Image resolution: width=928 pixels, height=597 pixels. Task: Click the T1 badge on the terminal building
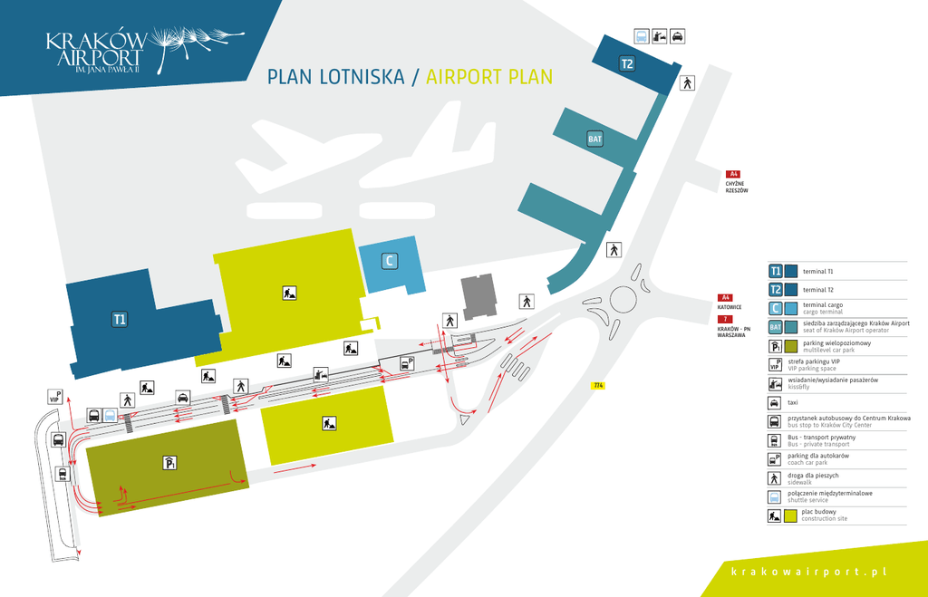click(120, 318)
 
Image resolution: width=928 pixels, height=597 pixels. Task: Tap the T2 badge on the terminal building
click(627, 63)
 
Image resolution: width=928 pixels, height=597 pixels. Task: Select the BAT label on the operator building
click(595, 139)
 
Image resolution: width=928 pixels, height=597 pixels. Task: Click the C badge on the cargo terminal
click(390, 261)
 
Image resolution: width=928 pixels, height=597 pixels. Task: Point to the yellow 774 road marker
click(598, 386)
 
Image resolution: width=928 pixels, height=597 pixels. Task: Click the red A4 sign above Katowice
click(725, 298)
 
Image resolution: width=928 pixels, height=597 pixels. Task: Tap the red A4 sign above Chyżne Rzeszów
click(734, 174)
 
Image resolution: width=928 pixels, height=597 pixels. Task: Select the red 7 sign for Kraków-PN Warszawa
click(725, 320)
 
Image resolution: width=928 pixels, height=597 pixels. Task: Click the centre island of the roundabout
click(625, 298)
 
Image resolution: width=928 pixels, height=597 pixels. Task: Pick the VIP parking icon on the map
click(54, 396)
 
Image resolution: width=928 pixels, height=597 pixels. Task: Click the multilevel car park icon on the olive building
click(169, 463)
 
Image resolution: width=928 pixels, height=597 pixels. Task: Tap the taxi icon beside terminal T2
click(678, 36)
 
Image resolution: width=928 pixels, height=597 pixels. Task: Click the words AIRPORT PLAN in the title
click(489, 76)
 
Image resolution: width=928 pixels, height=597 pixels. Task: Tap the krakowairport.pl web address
click(808, 571)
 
